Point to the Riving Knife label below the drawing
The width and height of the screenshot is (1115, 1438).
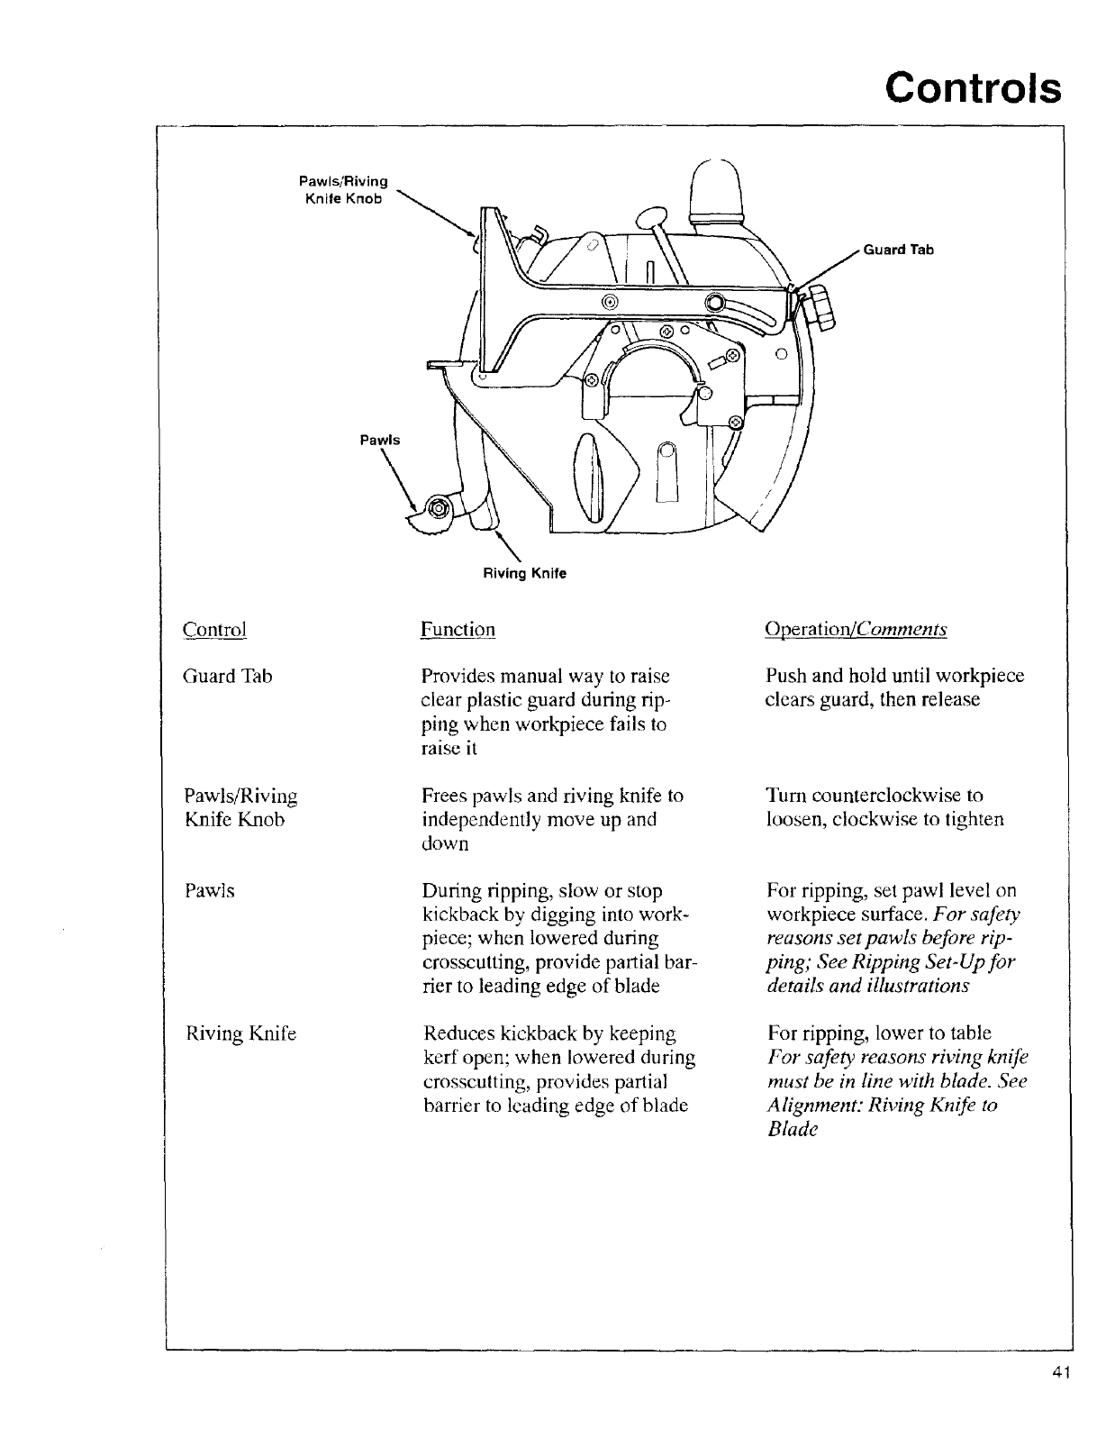click(525, 573)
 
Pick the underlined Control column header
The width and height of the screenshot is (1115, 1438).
click(214, 629)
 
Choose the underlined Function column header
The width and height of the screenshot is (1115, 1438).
click(458, 629)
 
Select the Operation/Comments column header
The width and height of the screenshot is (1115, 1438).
click(855, 629)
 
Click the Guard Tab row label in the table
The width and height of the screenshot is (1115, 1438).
click(227, 677)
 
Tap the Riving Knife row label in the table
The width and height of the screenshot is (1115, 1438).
click(240, 1033)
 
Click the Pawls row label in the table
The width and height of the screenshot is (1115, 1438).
click(209, 891)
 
